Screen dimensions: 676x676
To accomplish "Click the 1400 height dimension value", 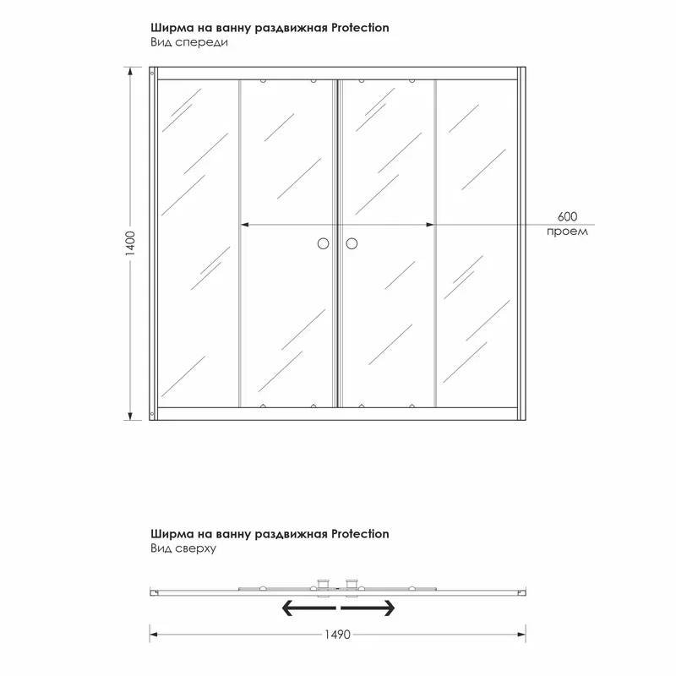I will tap(130, 244).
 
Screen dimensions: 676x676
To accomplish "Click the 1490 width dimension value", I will tap(336, 634).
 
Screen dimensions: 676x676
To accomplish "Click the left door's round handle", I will tap(323, 244).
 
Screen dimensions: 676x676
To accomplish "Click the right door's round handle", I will tap(352, 244).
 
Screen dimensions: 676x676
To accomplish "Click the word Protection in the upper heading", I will tap(361, 28).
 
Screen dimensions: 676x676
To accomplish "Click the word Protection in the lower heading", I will tap(361, 534).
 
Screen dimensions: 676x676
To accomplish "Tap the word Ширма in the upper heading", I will tap(169, 28).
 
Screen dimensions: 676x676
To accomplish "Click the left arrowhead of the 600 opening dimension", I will tap(245, 225).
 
